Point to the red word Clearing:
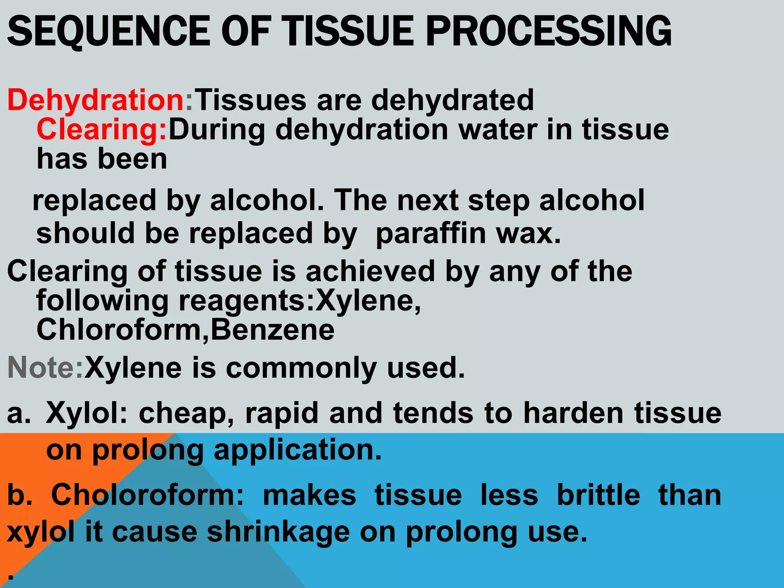102,129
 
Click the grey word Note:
45,368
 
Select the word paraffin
430,234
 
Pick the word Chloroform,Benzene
185,330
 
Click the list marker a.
18,413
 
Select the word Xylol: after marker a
87,413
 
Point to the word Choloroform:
147,495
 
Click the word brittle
598,495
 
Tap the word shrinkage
278,532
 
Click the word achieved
370,271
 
